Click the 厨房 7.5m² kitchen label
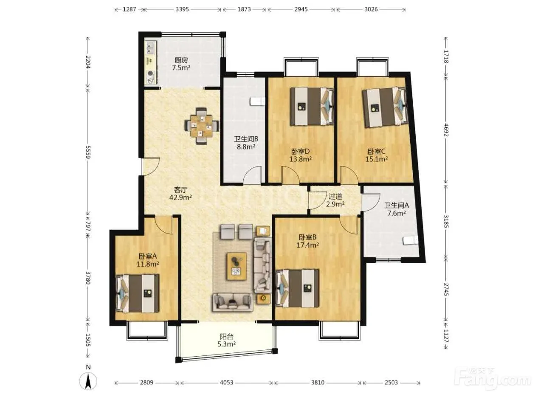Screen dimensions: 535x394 pyautogui.click(x=181, y=64)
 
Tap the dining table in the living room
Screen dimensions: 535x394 pyautogui.click(x=202, y=126)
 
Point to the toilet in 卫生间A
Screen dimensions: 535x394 pyautogui.click(x=411, y=240)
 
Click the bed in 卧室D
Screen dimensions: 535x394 pyautogui.click(x=312, y=106)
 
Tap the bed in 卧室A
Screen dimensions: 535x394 pyautogui.click(x=137, y=293)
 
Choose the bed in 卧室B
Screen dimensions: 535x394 pyautogui.click(x=297, y=288)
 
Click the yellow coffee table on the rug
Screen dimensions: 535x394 pyautogui.click(x=237, y=266)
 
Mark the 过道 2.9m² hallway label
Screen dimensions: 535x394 pyautogui.click(x=335, y=200)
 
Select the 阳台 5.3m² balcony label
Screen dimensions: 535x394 pyautogui.click(x=226, y=340)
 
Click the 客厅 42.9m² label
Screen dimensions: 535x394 pyautogui.click(x=180, y=194)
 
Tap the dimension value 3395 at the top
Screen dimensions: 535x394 pyautogui.click(x=182, y=9)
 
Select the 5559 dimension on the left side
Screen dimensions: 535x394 pyautogui.click(x=88, y=152)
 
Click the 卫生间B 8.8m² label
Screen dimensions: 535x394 pyautogui.click(x=246, y=143)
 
